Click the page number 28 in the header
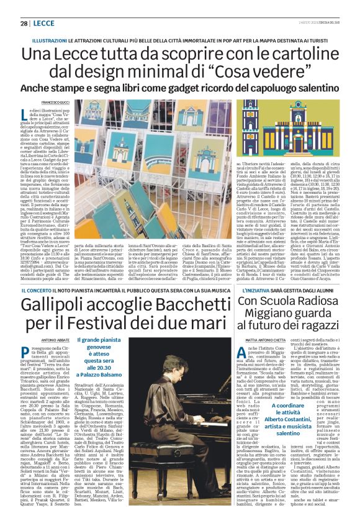pos(23,23)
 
